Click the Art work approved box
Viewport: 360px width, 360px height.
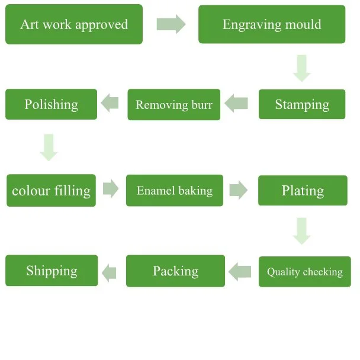click(74, 24)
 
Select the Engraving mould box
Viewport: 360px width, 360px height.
click(272, 24)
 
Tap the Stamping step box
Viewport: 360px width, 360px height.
click(302, 104)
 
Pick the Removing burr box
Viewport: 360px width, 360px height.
click(174, 104)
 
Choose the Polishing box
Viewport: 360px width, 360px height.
click(51, 104)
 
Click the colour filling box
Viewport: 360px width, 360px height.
click(51, 191)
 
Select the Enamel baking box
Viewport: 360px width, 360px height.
click(175, 191)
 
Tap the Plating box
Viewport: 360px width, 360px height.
click(303, 191)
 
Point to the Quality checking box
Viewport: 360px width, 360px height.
click(304, 272)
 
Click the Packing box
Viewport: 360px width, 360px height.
click(176, 271)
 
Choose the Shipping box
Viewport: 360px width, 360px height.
click(52, 271)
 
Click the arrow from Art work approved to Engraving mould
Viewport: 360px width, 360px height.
click(171, 24)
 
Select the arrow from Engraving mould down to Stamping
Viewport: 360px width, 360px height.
click(302, 68)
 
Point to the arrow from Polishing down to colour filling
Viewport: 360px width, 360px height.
click(49, 147)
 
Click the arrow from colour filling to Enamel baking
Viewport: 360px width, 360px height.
click(111, 189)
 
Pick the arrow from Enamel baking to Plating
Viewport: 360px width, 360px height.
click(238, 190)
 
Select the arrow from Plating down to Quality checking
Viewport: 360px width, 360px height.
click(302, 231)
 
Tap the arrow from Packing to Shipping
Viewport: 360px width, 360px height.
click(109, 272)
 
